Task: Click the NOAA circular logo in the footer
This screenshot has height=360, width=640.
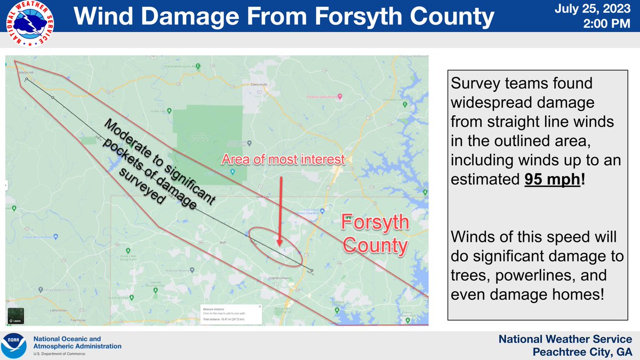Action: pyautogui.click(x=14, y=346)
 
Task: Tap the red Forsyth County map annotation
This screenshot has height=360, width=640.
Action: pyautogui.click(x=375, y=234)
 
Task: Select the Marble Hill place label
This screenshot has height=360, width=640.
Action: pyautogui.click(x=25, y=73)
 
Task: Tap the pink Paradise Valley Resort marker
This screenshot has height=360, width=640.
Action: pyautogui.click(x=340, y=97)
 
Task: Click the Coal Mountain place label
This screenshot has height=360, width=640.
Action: pyautogui.click(x=278, y=278)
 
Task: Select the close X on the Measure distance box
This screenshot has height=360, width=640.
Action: pyautogui.click(x=259, y=307)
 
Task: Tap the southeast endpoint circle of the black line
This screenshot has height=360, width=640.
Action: pyautogui.click(x=311, y=270)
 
